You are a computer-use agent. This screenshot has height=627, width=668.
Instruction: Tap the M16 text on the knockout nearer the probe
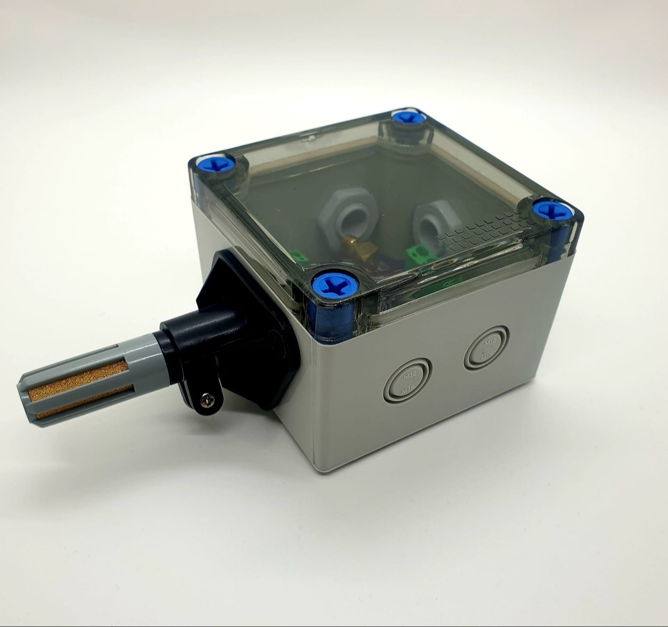coord(407,390)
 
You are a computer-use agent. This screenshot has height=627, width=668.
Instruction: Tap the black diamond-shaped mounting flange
coord(246,317)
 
